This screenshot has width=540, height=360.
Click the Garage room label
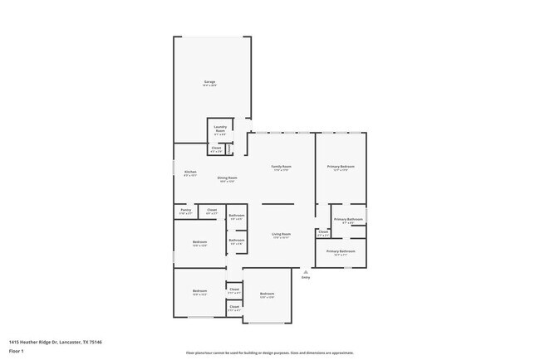209,82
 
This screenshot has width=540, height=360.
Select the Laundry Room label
220,129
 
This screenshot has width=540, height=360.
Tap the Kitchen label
190,172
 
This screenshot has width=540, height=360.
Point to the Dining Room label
228,178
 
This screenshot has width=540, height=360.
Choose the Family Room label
282,167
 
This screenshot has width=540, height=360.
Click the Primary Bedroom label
340,167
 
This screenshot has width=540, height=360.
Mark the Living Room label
281,235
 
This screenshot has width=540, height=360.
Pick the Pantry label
185,210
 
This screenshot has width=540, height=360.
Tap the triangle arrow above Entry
306,270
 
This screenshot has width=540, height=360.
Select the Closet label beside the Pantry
212,210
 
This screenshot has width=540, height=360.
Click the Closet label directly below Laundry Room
216,149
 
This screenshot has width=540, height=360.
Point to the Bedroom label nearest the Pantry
199,242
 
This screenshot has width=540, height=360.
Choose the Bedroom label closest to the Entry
267,294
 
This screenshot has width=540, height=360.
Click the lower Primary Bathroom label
340,251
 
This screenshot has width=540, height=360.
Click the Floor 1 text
16,351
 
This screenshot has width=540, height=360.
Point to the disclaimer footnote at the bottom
269,353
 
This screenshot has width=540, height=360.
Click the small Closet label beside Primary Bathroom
322,233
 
